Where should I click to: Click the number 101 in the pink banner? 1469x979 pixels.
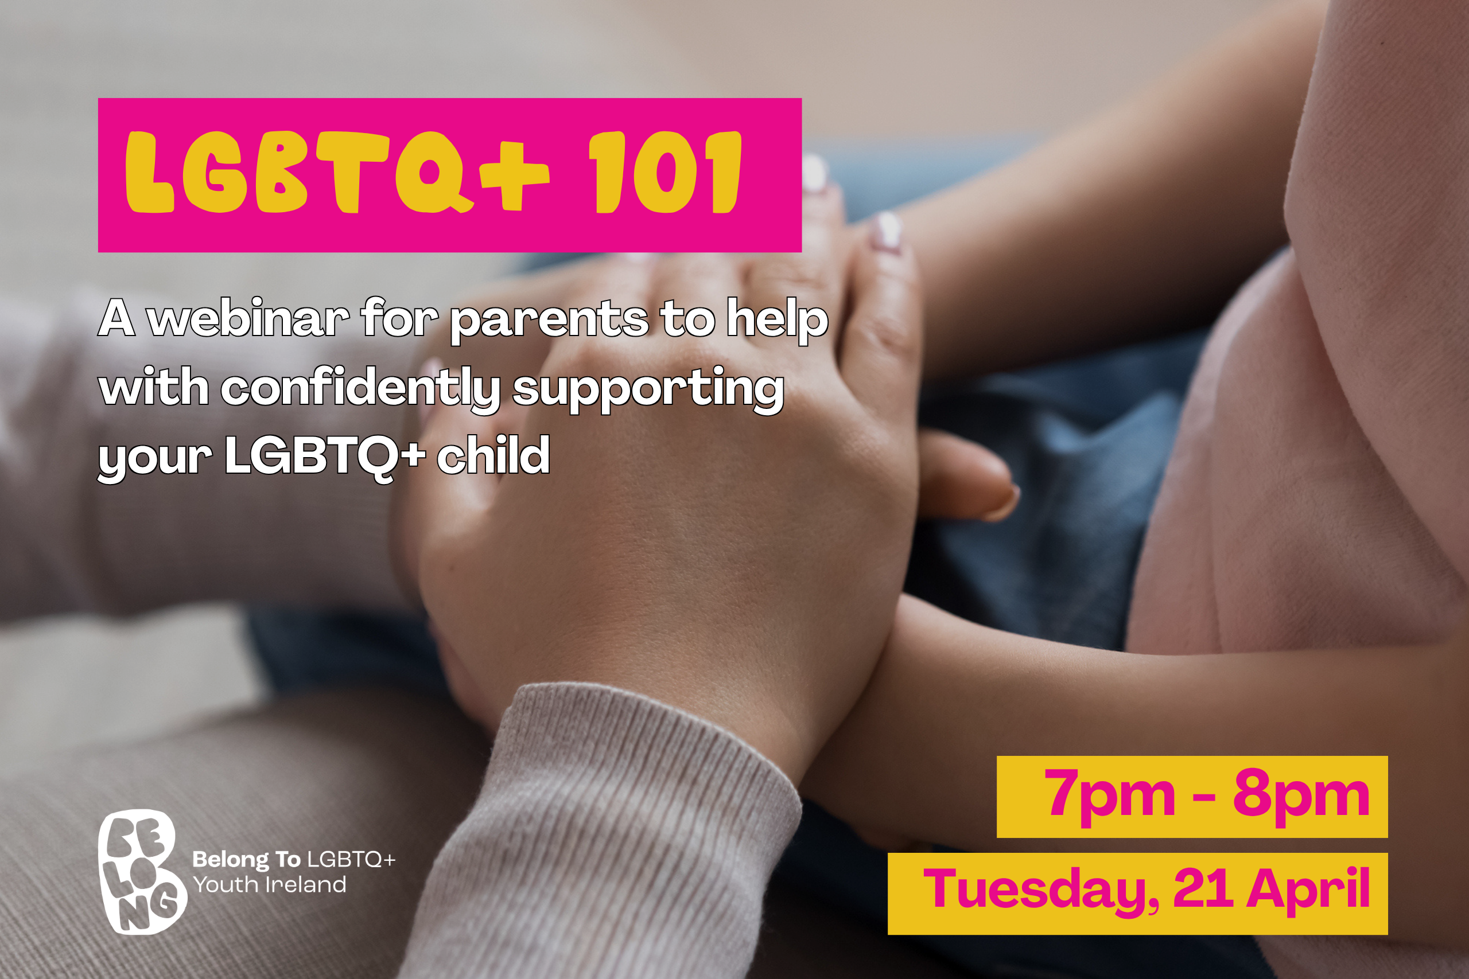(665, 171)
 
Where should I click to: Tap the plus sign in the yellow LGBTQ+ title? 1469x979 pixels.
(514, 177)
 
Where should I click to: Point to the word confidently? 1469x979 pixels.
(361, 389)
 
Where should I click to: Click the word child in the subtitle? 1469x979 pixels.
(493, 455)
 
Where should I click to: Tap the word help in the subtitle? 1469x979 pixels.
(777, 319)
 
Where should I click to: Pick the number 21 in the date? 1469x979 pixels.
(1203, 887)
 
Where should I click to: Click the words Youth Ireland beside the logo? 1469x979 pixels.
(269, 885)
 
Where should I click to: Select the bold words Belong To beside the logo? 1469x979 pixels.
(246, 860)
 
